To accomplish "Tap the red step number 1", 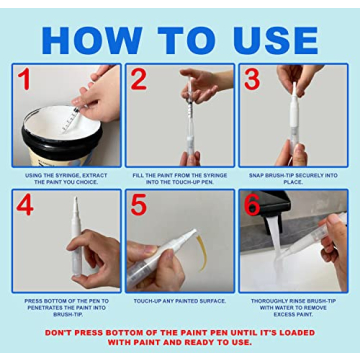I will point(23,80).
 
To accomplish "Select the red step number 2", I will point(139,80).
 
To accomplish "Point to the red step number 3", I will point(253,80).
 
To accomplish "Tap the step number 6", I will point(253,206).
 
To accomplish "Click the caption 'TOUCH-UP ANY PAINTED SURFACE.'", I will point(180,299).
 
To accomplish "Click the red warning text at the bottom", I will point(180,336).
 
